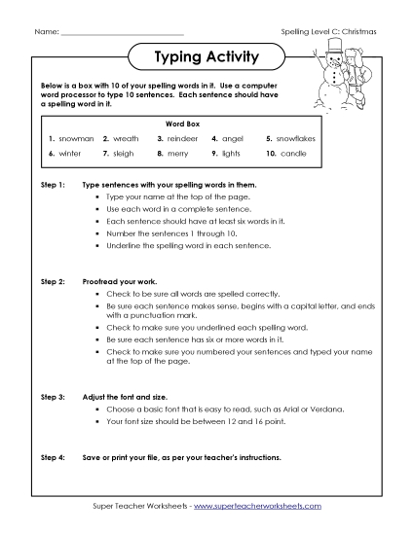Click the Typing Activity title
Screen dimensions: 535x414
click(207, 57)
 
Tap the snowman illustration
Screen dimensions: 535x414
click(340, 78)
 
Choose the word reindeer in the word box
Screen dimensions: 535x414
click(181, 139)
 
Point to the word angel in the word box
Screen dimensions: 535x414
click(233, 139)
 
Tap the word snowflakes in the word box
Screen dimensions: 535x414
click(298, 139)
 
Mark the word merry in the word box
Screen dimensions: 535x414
click(177, 154)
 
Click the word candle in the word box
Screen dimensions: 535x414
click(292, 154)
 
